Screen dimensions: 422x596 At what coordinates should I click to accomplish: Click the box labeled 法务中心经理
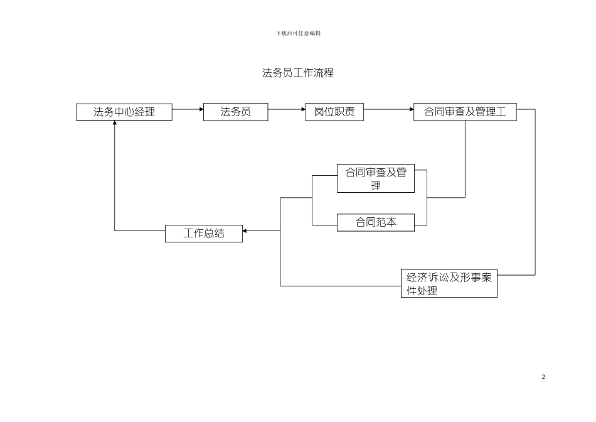click(x=124, y=112)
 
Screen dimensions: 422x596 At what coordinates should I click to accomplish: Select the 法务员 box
click(x=235, y=112)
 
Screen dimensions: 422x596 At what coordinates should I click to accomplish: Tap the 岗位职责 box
click(x=334, y=112)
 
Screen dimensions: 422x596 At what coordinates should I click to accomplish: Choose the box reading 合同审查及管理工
click(x=465, y=112)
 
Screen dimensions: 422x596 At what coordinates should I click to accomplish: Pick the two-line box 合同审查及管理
click(x=376, y=179)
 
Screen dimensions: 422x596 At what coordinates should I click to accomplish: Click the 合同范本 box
click(x=376, y=222)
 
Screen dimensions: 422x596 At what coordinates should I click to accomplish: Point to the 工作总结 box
click(x=204, y=234)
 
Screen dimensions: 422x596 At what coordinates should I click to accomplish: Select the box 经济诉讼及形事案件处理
click(x=449, y=283)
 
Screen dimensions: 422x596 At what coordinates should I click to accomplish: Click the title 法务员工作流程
click(x=298, y=73)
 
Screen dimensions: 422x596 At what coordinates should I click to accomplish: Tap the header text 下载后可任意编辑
click(x=298, y=33)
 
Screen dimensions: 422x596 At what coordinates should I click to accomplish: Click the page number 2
click(x=543, y=377)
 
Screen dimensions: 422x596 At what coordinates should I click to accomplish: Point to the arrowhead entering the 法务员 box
click(x=201, y=109)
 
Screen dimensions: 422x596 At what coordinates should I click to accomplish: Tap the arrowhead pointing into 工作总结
click(x=245, y=231)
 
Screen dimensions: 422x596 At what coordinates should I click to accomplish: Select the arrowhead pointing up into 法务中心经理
click(x=115, y=124)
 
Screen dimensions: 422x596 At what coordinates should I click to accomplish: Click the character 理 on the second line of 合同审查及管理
click(x=376, y=186)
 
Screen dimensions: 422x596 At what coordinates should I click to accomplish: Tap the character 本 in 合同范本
click(x=391, y=222)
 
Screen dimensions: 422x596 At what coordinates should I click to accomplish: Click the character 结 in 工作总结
click(x=219, y=234)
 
